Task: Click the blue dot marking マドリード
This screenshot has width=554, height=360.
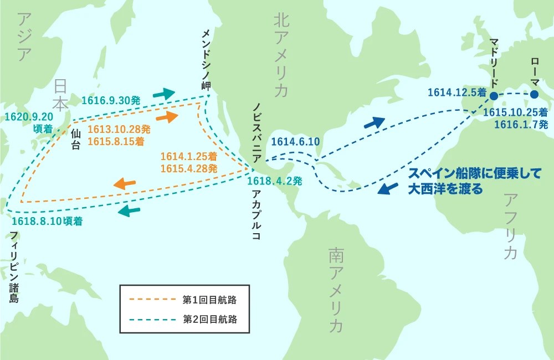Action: click(x=494, y=96)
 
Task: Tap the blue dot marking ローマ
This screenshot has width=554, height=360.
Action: click(x=534, y=95)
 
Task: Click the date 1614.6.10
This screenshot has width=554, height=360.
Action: click(x=295, y=142)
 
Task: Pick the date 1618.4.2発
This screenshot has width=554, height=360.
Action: click(x=274, y=181)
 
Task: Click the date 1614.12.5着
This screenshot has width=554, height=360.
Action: click(x=457, y=92)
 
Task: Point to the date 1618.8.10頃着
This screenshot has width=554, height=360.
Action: click(x=47, y=221)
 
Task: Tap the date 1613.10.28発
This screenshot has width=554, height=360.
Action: click(x=119, y=129)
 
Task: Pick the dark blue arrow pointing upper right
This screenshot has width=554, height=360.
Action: click(x=374, y=122)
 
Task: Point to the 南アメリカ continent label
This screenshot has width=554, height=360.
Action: click(x=336, y=290)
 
